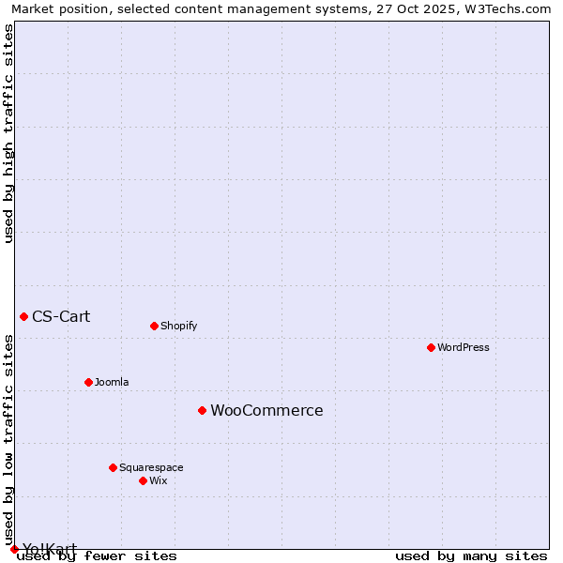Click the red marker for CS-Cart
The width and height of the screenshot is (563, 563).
click(x=23, y=316)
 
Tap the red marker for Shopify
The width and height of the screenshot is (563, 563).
click(x=154, y=326)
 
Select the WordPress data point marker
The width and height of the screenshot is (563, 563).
click(x=431, y=347)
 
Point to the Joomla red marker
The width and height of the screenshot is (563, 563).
click(x=88, y=382)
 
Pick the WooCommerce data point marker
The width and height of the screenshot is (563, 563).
click(x=202, y=410)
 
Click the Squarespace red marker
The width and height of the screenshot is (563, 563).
click(x=113, y=467)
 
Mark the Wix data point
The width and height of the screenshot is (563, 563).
click(x=143, y=480)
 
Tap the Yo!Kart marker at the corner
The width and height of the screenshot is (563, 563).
click(x=14, y=549)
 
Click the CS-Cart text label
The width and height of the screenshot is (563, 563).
click(x=61, y=316)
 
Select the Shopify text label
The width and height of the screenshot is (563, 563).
click(x=178, y=326)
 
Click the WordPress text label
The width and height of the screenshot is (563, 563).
click(x=463, y=347)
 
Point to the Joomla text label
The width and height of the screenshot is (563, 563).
click(x=112, y=382)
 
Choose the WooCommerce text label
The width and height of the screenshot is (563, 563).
click(x=266, y=410)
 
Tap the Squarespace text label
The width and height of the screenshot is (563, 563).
click(x=151, y=467)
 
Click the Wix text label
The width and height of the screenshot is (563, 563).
click(x=158, y=480)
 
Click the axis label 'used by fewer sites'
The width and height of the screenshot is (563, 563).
click(x=97, y=555)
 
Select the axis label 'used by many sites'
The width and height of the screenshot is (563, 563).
click(x=471, y=555)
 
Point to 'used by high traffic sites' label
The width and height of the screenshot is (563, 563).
click(x=8, y=133)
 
